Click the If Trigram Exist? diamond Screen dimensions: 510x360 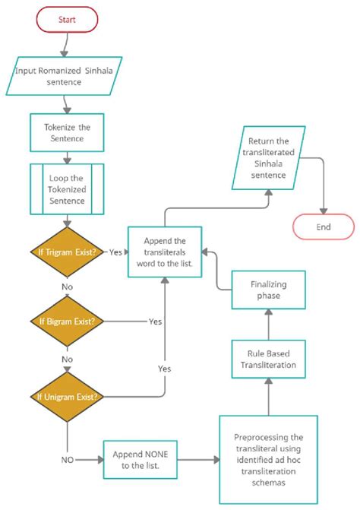click(x=67, y=252)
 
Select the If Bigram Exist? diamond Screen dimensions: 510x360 click(x=67, y=322)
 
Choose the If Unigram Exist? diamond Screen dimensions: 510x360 click(x=67, y=396)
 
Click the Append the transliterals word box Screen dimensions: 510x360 click(x=164, y=252)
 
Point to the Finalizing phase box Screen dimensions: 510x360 click(x=268, y=290)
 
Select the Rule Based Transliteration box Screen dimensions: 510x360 click(x=268, y=358)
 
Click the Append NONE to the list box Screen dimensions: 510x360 click(x=141, y=460)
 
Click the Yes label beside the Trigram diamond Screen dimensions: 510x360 click(x=116, y=252)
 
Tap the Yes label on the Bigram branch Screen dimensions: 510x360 click(x=156, y=322)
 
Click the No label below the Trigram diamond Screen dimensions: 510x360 click(x=67, y=288)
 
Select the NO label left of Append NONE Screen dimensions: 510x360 click(x=68, y=460)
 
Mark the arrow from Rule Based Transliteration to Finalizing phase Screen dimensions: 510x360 click(x=268, y=325)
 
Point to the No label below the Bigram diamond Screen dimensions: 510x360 click(x=67, y=359)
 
